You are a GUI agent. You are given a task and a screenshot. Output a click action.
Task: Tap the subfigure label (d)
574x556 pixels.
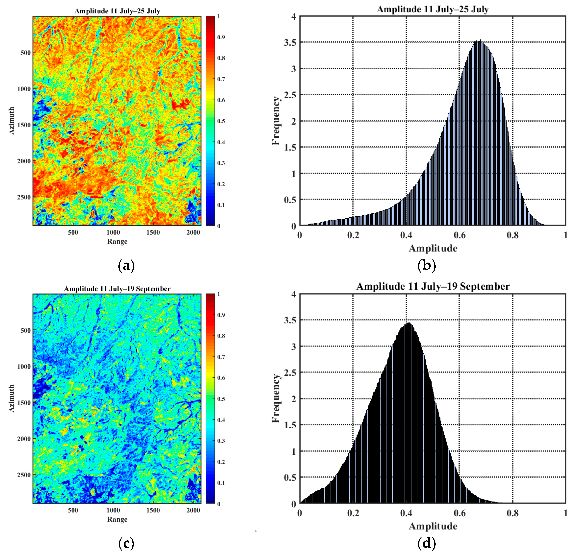(426, 543)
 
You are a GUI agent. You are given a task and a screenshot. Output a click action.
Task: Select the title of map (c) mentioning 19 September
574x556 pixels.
(117, 289)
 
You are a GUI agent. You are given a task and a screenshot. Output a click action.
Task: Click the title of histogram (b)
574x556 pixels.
(432, 9)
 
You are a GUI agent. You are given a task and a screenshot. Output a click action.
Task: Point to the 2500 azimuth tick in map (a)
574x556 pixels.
(24, 197)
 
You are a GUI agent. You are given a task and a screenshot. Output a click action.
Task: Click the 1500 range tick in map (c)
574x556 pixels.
(153, 510)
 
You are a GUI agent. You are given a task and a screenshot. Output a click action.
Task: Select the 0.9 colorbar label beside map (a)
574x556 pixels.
(221, 37)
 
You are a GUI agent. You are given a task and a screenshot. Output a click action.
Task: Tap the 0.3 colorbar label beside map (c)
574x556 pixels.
(221, 441)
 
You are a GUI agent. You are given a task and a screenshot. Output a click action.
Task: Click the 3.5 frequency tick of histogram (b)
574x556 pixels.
(290, 42)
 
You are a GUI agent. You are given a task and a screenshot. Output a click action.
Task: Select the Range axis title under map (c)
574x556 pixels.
(117, 519)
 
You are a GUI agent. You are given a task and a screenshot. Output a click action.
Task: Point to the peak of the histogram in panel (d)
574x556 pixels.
(408, 323)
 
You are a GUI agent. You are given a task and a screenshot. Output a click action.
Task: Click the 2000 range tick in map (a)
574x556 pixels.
(193, 232)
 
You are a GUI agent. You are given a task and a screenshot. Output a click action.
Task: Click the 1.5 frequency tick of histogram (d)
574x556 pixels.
(290, 425)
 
